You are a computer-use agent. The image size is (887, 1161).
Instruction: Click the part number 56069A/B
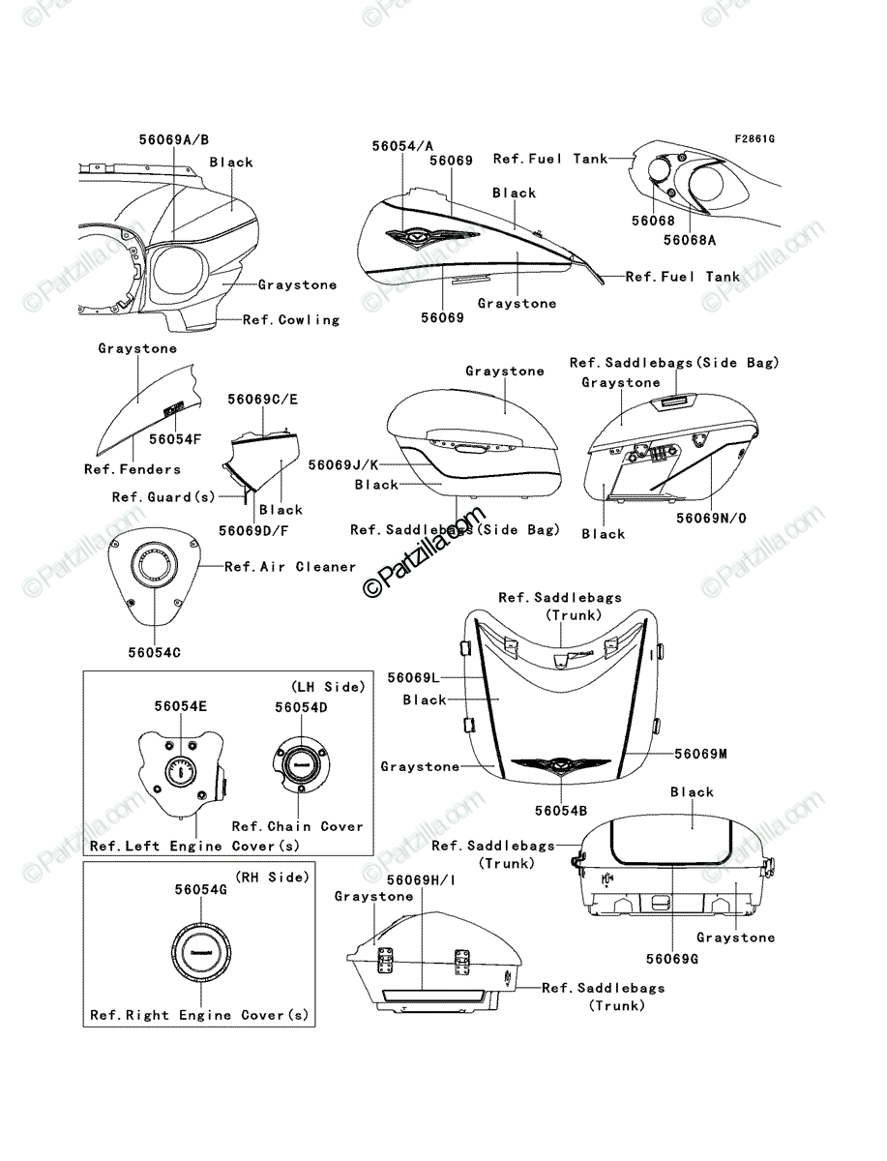(174, 139)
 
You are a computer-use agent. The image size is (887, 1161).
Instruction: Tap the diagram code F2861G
(754, 139)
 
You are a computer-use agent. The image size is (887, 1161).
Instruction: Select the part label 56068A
(690, 240)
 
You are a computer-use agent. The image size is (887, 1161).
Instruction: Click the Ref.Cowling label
(291, 320)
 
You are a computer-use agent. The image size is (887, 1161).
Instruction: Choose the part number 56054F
(175, 439)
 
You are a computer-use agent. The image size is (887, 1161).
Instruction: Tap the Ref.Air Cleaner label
(290, 567)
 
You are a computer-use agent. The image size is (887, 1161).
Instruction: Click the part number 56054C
(155, 653)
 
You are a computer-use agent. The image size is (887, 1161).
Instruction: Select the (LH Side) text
(328, 687)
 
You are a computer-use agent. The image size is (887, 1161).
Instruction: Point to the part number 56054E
(180, 706)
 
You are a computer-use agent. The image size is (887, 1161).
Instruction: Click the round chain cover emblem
(301, 764)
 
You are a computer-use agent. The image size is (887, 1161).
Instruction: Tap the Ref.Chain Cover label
(298, 826)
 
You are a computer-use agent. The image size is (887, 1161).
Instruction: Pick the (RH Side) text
(272, 878)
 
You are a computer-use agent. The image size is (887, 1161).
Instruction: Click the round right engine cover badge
(201, 953)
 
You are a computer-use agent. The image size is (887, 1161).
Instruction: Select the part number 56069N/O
(712, 519)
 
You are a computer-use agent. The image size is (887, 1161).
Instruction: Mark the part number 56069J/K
(343, 465)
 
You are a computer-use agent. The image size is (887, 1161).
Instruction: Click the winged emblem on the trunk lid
(560, 765)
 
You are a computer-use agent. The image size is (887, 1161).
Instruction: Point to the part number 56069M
(701, 754)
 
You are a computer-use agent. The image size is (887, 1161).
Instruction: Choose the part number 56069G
(672, 959)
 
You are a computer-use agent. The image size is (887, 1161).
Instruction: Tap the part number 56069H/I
(422, 880)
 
